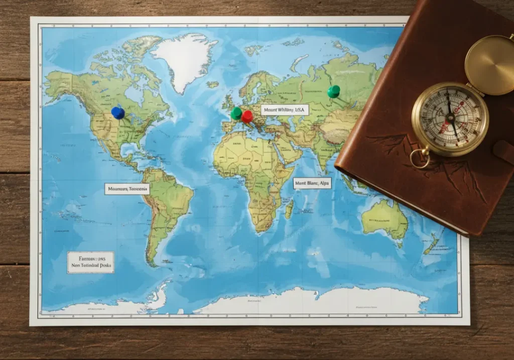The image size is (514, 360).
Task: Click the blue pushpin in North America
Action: (x=118, y=112)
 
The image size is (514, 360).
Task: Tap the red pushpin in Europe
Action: (x=247, y=116)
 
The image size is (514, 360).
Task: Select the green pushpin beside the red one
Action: (x=236, y=113)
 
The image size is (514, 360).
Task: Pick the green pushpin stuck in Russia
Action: (x=333, y=91)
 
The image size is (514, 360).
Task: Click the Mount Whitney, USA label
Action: (x=285, y=109)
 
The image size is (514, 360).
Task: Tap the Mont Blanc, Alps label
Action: (x=312, y=183)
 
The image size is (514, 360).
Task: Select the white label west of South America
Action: (x=127, y=189)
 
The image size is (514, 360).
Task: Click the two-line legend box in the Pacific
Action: (x=91, y=262)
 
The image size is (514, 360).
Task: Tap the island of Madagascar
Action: (x=289, y=208)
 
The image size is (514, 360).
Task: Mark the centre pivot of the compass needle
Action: (x=450, y=117)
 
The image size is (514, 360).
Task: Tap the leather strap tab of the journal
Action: (x=503, y=151)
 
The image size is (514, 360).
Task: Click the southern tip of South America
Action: (x=151, y=261)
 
